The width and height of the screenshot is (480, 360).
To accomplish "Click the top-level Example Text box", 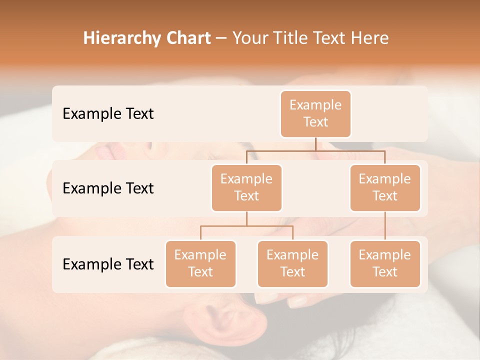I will (x=315, y=113).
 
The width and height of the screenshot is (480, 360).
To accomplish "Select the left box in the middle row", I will (x=246, y=187).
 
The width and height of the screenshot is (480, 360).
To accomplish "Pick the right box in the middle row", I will (x=385, y=187).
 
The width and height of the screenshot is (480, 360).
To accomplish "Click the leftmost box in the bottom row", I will (x=200, y=263).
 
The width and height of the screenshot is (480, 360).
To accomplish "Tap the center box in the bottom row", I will (x=292, y=263).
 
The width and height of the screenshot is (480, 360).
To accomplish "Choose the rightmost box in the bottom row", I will (x=385, y=263).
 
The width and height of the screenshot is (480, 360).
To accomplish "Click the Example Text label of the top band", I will (x=108, y=113).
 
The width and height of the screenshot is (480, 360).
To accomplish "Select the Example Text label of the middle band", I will (x=108, y=188).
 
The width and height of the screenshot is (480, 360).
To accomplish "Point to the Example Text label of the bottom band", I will (x=108, y=264).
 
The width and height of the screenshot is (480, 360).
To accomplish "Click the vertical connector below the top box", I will (x=315, y=144).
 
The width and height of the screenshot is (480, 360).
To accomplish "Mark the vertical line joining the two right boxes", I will (x=385, y=226).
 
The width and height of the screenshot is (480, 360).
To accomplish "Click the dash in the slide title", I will (x=221, y=38).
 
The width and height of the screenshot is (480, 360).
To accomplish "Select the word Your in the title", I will (x=249, y=38).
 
